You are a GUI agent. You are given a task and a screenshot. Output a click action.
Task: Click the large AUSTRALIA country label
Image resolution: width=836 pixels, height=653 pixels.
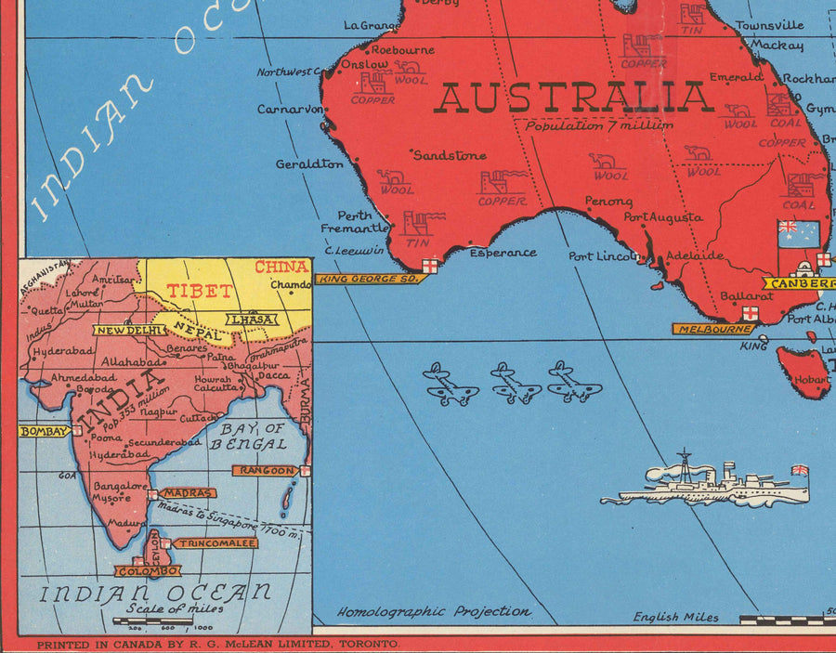click(572, 98)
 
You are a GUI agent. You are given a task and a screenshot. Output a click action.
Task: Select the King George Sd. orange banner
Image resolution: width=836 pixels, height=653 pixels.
click(368, 279)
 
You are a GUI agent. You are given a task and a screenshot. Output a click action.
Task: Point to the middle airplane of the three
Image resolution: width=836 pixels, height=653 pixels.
click(516, 383)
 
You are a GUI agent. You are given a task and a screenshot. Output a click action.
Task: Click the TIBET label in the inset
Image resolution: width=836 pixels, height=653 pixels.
click(199, 291)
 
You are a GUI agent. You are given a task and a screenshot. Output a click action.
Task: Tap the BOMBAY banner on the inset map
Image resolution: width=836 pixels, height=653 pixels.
click(44, 432)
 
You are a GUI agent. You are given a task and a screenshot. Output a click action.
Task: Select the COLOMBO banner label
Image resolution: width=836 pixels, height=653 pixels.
click(148, 571)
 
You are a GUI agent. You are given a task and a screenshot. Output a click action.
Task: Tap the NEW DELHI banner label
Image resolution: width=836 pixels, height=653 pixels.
click(130, 329)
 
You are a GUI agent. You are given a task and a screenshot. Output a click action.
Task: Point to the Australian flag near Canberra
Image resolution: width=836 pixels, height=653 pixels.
click(799, 234)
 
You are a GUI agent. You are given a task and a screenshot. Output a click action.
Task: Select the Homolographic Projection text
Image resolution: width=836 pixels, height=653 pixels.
click(434, 612)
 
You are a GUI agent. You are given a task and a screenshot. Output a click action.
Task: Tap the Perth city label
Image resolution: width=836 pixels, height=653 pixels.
click(354, 215)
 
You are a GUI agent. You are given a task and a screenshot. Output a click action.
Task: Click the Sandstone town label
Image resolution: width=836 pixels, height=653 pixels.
click(450, 155)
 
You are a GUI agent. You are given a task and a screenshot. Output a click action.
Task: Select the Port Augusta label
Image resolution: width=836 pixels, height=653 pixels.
click(663, 217)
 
